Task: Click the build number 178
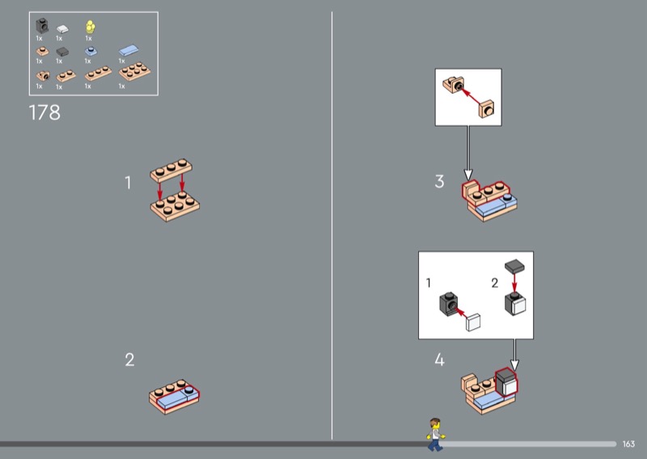pyautogui.click(x=44, y=112)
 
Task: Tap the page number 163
pyautogui.click(x=628, y=444)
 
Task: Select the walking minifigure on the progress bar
pyautogui.click(x=435, y=434)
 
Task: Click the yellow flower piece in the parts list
pyautogui.click(x=91, y=27)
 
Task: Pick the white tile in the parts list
pyautogui.click(x=62, y=29)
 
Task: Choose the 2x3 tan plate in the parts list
pyautogui.click(x=134, y=71)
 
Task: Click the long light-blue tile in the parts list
pyautogui.click(x=129, y=50)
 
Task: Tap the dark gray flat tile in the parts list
pyautogui.click(x=62, y=52)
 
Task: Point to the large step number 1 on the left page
pyautogui.click(x=128, y=183)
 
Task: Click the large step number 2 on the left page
pyautogui.click(x=129, y=360)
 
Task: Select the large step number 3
pyautogui.click(x=439, y=182)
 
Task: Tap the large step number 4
pyautogui.click(x=439, y=360)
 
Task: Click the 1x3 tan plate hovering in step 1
pyautogui.click(x=171, y=170)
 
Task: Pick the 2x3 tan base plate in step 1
pyautogui.click(x=175, y=206)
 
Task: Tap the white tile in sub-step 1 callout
pyautogui.click(x=473, y=322)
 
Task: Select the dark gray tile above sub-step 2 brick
pyautogui.click(x=514, y=267)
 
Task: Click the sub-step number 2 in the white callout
pyautogui.click(x=495, y=283)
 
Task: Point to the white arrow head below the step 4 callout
pyautogui.click(x=514, y=364)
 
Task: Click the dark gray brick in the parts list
pyautogui.click(x=42, y=26)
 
